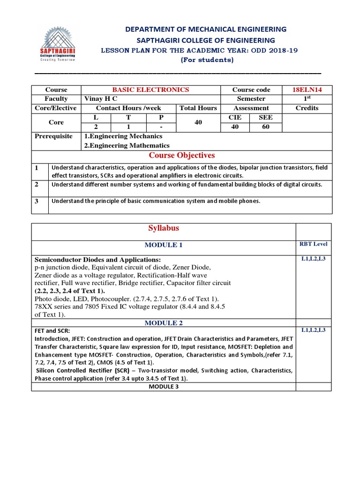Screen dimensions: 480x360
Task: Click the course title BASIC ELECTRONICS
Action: click(150, 90)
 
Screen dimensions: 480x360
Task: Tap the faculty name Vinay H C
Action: click(100, 99)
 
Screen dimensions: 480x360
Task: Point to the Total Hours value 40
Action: click(198, 122)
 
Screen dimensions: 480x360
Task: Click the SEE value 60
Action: click(266, 127)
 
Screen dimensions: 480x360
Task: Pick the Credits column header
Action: click(307, 108)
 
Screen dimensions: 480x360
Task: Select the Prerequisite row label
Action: click(54, 136)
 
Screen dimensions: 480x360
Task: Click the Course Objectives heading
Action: click(181, 156)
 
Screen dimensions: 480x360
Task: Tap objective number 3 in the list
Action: click(36, 201)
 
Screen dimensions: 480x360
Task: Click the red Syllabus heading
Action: click(164, 228)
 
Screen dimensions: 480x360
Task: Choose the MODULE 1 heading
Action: click(164, 245)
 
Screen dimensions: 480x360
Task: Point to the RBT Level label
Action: click(313, 244)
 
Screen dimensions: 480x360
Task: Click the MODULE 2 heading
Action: click(164, 323)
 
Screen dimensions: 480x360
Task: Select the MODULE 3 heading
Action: click(164, 387)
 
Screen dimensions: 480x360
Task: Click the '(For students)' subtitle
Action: click(207, 60)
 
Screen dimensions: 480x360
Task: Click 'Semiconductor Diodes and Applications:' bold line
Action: click(97, 260)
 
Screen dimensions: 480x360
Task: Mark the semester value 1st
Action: click(307, 99)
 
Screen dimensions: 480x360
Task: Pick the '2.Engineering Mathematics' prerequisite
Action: click(127, 146)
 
